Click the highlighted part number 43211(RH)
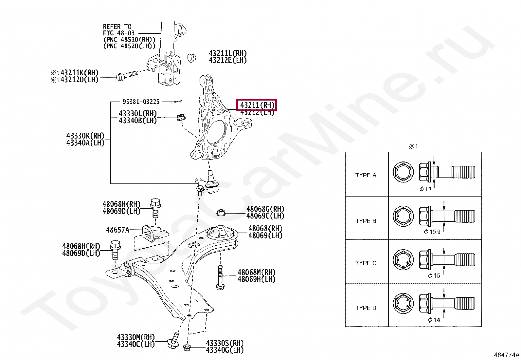257,105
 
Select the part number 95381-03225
141,102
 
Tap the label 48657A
117,230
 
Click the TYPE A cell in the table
366,175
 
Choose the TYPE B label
366,221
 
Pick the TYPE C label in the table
366,263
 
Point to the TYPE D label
366,308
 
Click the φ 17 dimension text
425,189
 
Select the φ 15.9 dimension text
432,232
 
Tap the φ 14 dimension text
434,320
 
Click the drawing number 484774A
507,355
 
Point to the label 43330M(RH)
135,337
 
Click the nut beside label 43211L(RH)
191,58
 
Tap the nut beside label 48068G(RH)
221,213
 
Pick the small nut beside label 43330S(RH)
187,348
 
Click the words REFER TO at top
117,27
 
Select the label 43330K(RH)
85,136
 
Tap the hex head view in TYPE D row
403,304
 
